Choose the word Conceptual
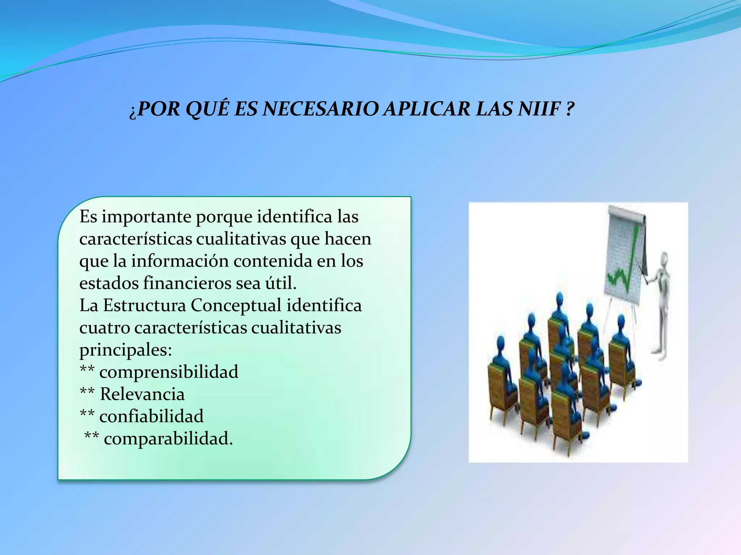coord(236,306)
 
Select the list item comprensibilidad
coord(169,372)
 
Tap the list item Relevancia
coord(142,394)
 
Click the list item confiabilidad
coord(151,417)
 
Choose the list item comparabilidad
coord(168,439)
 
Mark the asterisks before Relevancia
coord(87,392)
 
